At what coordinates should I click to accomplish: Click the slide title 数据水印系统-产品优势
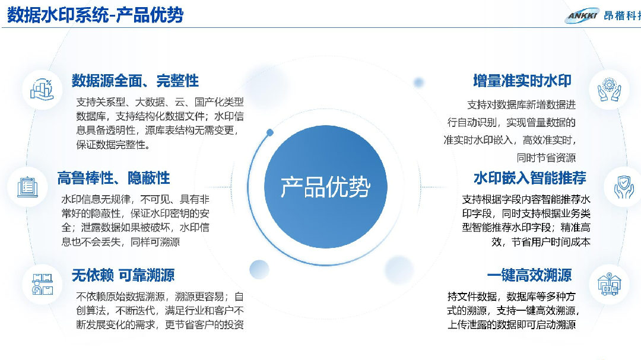coord(95,15)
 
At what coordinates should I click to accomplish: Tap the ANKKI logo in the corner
coord(582,15)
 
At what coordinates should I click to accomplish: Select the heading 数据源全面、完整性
coord(135,81)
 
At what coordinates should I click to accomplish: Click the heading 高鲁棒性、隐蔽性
coord(113,178)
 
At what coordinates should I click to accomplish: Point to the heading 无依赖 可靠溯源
coord(123,275)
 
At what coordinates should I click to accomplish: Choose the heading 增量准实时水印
coord(522,81)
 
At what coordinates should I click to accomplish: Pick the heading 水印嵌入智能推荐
coord(530,178)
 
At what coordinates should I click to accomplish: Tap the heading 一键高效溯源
coord(529,275)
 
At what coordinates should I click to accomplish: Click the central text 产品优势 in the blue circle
coord(325,187)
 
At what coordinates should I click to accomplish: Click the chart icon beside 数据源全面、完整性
coord(42,90)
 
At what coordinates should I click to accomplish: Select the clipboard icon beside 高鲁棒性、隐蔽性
coord(27,187)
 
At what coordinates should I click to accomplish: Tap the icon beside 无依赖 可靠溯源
coord(43,284)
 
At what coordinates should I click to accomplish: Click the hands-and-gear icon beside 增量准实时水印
coord(609,89)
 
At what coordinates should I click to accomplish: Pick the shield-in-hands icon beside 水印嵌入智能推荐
coord(623,187)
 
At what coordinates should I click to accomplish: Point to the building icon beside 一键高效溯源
coord(609,284)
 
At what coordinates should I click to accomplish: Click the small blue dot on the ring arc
coord(270,132)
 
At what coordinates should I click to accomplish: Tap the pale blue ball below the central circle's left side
coord(259,269)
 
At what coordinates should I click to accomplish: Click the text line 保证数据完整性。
coord(113,145)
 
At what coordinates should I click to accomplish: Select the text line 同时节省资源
coord(546,158)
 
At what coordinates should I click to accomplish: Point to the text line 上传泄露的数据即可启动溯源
coord(512,324)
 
